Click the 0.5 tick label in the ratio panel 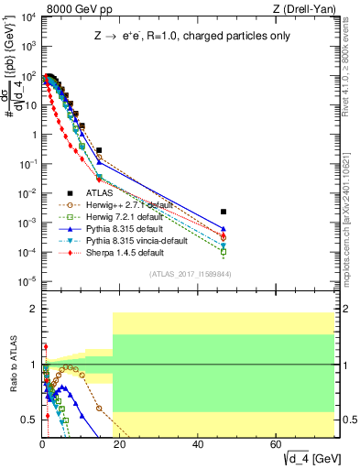tap(29, 420)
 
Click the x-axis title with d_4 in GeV tap(301, 458)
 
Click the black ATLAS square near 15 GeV tap(99, 150)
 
